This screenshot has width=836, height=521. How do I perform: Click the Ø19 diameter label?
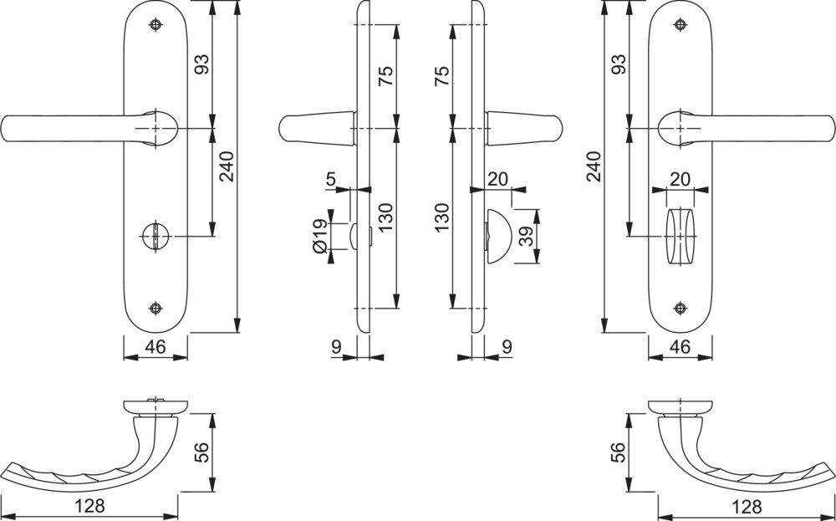(320, 236)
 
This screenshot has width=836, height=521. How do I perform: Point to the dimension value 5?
(331, 179)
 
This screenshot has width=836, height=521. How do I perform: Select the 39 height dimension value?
(527, 236)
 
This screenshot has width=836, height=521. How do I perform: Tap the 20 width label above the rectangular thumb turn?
(680, 179)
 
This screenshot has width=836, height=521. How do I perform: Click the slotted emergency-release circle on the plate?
(155, 236)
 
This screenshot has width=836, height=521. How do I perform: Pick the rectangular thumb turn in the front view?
(681, 236)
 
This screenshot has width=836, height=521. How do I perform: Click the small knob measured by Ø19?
(354, 236)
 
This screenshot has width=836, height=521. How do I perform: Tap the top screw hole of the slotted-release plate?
(155, 24)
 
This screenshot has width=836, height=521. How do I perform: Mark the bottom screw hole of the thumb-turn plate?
(680, 309)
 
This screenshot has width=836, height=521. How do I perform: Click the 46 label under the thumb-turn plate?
(680, 346)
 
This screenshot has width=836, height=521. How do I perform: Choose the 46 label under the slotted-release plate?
(155, 346)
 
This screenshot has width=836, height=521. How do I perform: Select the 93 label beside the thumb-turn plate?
(619, 64)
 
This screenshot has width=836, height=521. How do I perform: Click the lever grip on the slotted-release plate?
(88, 129)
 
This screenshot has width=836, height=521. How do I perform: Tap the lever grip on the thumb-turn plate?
(747, 129)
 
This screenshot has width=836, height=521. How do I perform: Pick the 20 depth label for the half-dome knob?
(498, 179)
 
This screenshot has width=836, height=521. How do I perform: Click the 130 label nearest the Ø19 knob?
(385, 217)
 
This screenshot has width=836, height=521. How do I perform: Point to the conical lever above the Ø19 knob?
(317, 129)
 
